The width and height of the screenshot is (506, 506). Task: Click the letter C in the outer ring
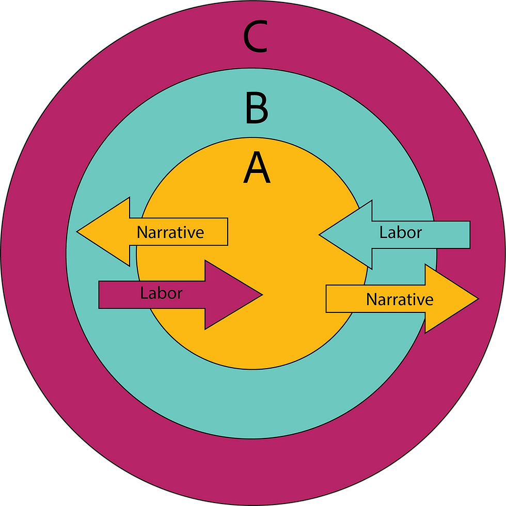pyautogui.click(x=256, y=38)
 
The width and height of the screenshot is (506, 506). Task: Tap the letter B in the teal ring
pyautogui.click(x=257, y=108)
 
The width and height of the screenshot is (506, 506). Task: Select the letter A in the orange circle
pyautogui.click(x=257, y=168)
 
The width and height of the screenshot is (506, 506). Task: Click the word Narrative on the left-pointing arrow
pyautogui.click(x=170, y=232)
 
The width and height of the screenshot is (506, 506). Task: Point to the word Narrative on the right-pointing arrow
pyautogui.click(x=400, y=299)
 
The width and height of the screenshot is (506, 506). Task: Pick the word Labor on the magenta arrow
pyautogui.click(x=161, y=293)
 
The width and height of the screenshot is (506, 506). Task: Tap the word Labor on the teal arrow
pyautogui.click(x=401, y=232)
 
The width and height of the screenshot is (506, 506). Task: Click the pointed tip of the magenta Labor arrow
pyautogui.click(x=262, y=295)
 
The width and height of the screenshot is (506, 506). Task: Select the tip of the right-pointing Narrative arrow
pyautogui.click(x=477, y=298)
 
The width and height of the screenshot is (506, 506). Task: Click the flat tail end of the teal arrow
pyautogui.click(x=469, y=234)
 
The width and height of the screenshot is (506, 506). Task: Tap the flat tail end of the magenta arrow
pyautogui.click(x=100, y=295)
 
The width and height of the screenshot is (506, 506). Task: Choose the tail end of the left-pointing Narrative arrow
pyautogui.click(x=227, y=232)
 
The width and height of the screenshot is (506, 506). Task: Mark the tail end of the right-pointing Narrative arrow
pyautogui.click(x=327, y=299)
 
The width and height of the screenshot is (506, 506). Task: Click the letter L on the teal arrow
pyautogui.click(x=383, y=232)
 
